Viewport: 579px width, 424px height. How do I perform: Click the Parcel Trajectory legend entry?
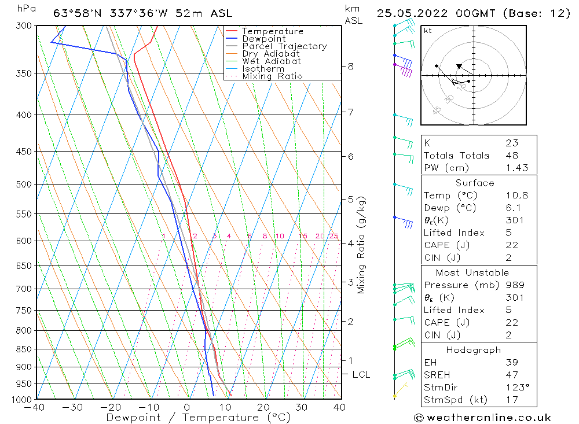point(284,46)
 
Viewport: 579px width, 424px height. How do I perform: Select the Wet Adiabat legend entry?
point(272,61)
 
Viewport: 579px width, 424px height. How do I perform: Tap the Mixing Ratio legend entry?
point(272,76)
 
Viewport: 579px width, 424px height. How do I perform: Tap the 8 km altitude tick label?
point(350,67)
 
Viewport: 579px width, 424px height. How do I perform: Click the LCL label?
point(361,375)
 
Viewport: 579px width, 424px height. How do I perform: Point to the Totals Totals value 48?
point(512,156)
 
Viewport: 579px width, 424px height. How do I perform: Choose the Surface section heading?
point(475,183)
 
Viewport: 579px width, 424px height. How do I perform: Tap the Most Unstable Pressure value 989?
point(515,285)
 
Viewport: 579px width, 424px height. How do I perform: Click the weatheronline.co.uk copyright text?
point(482,418)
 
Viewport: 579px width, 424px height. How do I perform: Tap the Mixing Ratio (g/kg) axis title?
point(362,245)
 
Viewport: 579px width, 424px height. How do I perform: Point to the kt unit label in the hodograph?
point(427,31)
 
